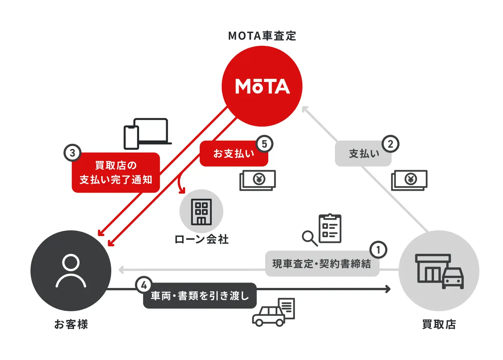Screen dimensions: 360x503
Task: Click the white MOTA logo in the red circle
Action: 262,87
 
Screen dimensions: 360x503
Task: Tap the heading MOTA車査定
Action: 262,36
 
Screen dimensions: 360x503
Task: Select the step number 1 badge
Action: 378,250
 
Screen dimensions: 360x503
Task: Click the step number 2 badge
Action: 390,144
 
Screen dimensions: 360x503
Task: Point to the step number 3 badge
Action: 72,153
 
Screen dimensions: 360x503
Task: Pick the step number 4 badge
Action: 144,285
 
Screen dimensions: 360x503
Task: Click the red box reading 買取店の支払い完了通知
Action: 116,173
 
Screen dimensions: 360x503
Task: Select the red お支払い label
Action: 234,154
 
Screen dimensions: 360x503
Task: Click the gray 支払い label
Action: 363,154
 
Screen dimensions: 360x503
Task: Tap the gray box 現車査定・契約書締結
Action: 322,264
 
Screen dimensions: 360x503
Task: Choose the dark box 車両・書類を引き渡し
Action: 200,296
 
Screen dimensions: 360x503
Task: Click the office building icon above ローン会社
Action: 201,211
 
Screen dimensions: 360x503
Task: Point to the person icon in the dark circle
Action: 71,271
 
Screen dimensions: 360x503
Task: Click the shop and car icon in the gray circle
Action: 439,271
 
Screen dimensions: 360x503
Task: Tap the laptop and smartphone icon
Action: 147,133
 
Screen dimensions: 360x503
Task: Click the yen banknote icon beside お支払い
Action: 258,180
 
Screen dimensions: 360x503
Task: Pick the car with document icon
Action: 274,312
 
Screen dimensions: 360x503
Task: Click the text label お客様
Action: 71,325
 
